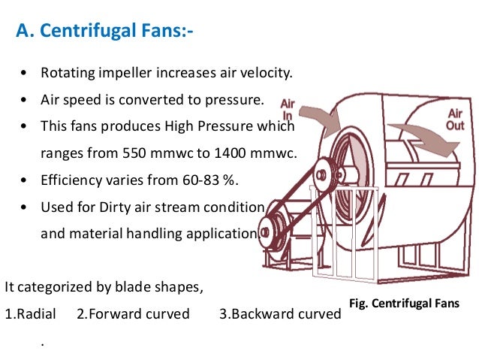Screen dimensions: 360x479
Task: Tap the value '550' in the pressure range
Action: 133,153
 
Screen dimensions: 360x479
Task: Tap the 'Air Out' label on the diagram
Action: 456,119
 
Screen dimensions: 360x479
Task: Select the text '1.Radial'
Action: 30,313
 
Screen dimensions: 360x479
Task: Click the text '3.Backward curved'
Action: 280,313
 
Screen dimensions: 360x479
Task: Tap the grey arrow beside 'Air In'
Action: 321,118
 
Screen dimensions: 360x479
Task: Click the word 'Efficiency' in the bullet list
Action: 71,180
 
